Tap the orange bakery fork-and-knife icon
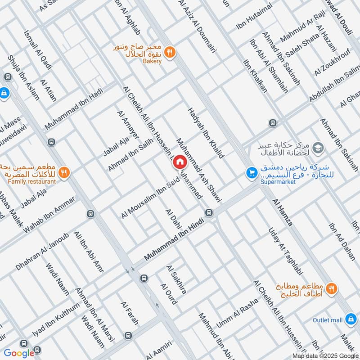170,52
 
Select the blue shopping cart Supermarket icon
251,173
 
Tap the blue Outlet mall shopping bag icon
351,319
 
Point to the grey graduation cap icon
318,147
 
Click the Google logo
19,353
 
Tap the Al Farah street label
129,313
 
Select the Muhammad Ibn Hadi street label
74,108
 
